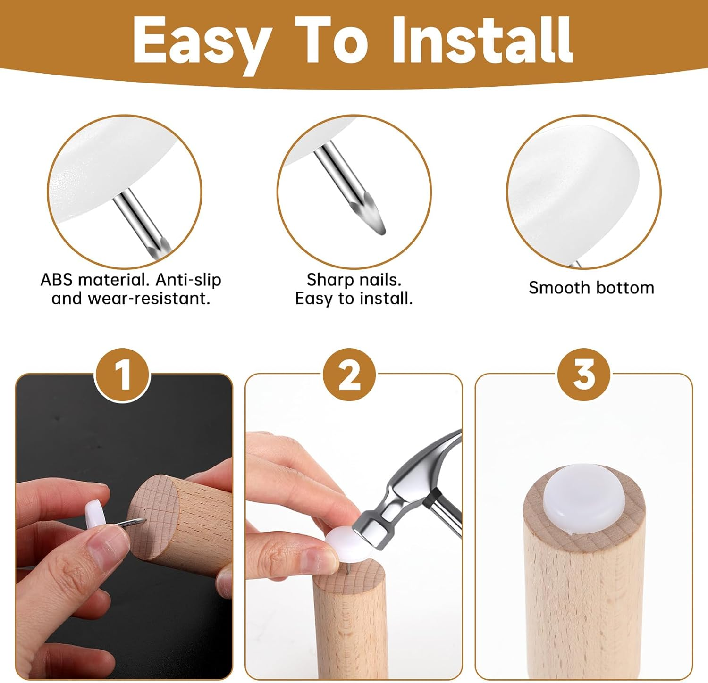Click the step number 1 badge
coord(123,375)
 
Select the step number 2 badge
coord(349,375)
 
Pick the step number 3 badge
coord(584,375)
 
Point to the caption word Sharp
coord(328,280)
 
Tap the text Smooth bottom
coord(591,287)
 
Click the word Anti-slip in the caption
coord(188,280)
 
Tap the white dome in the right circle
coord(573,189)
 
